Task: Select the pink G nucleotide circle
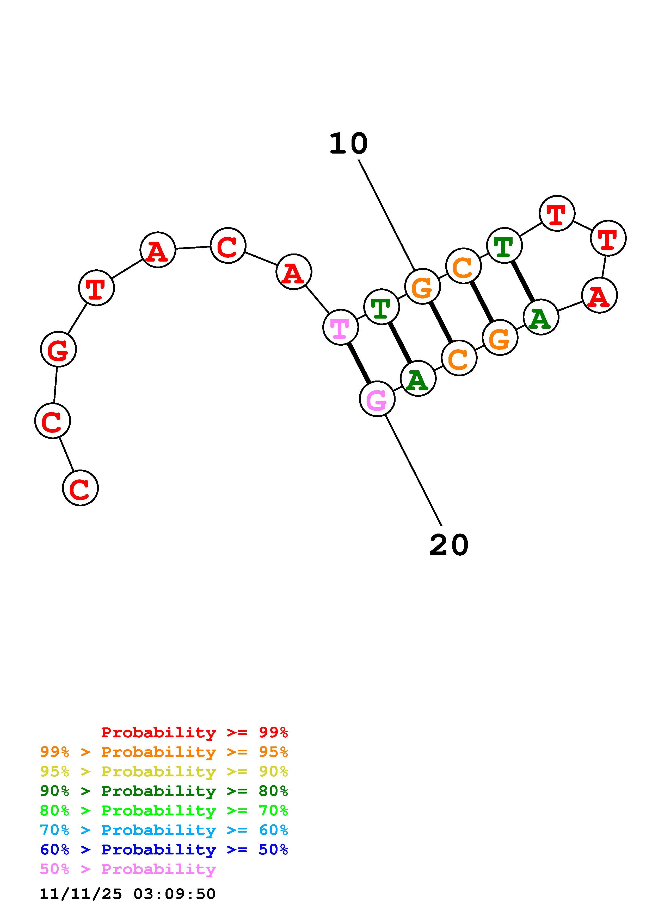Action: [377, 399]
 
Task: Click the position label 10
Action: [348, 144]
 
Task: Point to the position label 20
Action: [449, 545]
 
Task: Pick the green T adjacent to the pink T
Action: [381, 307]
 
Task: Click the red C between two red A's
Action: [228, 246]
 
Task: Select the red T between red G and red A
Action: [96, 288]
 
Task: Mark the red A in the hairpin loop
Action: [599, 295]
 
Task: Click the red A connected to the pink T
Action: [294, 272]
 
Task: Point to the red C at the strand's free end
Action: [81, 488]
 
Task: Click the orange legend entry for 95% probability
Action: [164, 752]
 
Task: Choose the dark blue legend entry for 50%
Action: [164, 849]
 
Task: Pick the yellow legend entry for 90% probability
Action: [164, 771]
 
